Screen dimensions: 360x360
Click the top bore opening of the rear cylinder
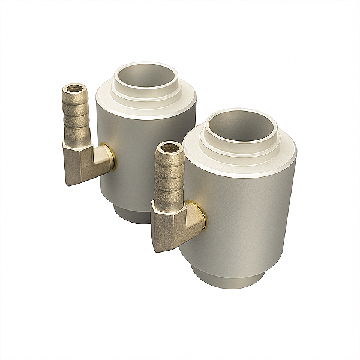[x=147, y=77]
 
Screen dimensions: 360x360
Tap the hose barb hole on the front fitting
[x=169, y=148]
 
